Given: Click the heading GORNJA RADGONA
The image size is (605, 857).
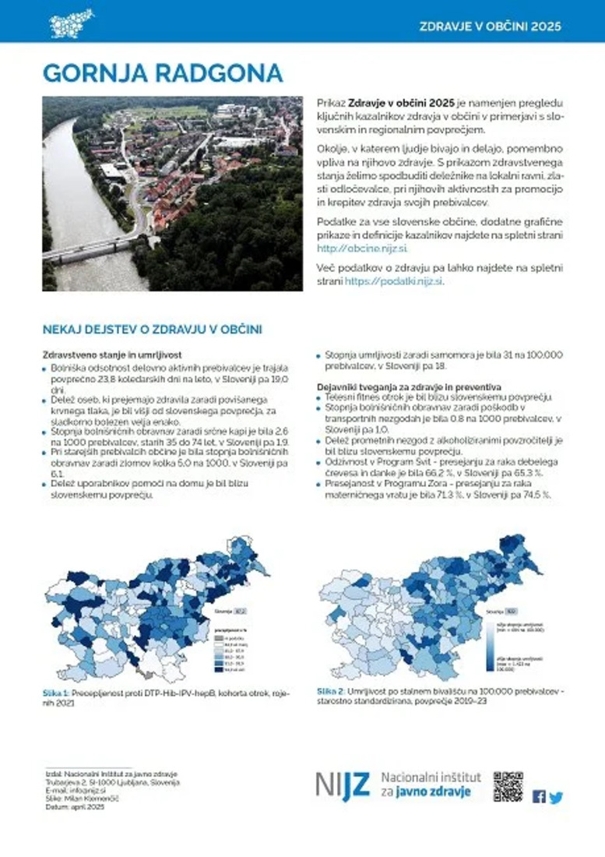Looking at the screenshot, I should pos(162,72).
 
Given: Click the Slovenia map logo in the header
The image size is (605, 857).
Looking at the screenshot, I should pos(71,23).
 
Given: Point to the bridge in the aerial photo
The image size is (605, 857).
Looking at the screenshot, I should pos(86,247).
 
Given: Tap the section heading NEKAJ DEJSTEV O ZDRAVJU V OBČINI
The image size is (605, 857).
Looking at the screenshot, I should pos(152,330).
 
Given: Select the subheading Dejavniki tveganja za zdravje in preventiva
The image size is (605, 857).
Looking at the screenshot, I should pos(409,387).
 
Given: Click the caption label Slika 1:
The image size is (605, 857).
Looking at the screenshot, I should pos(56,692).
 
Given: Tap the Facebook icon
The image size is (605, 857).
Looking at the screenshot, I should pos(539,796).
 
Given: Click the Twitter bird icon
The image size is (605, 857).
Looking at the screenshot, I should pos(555,797).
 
